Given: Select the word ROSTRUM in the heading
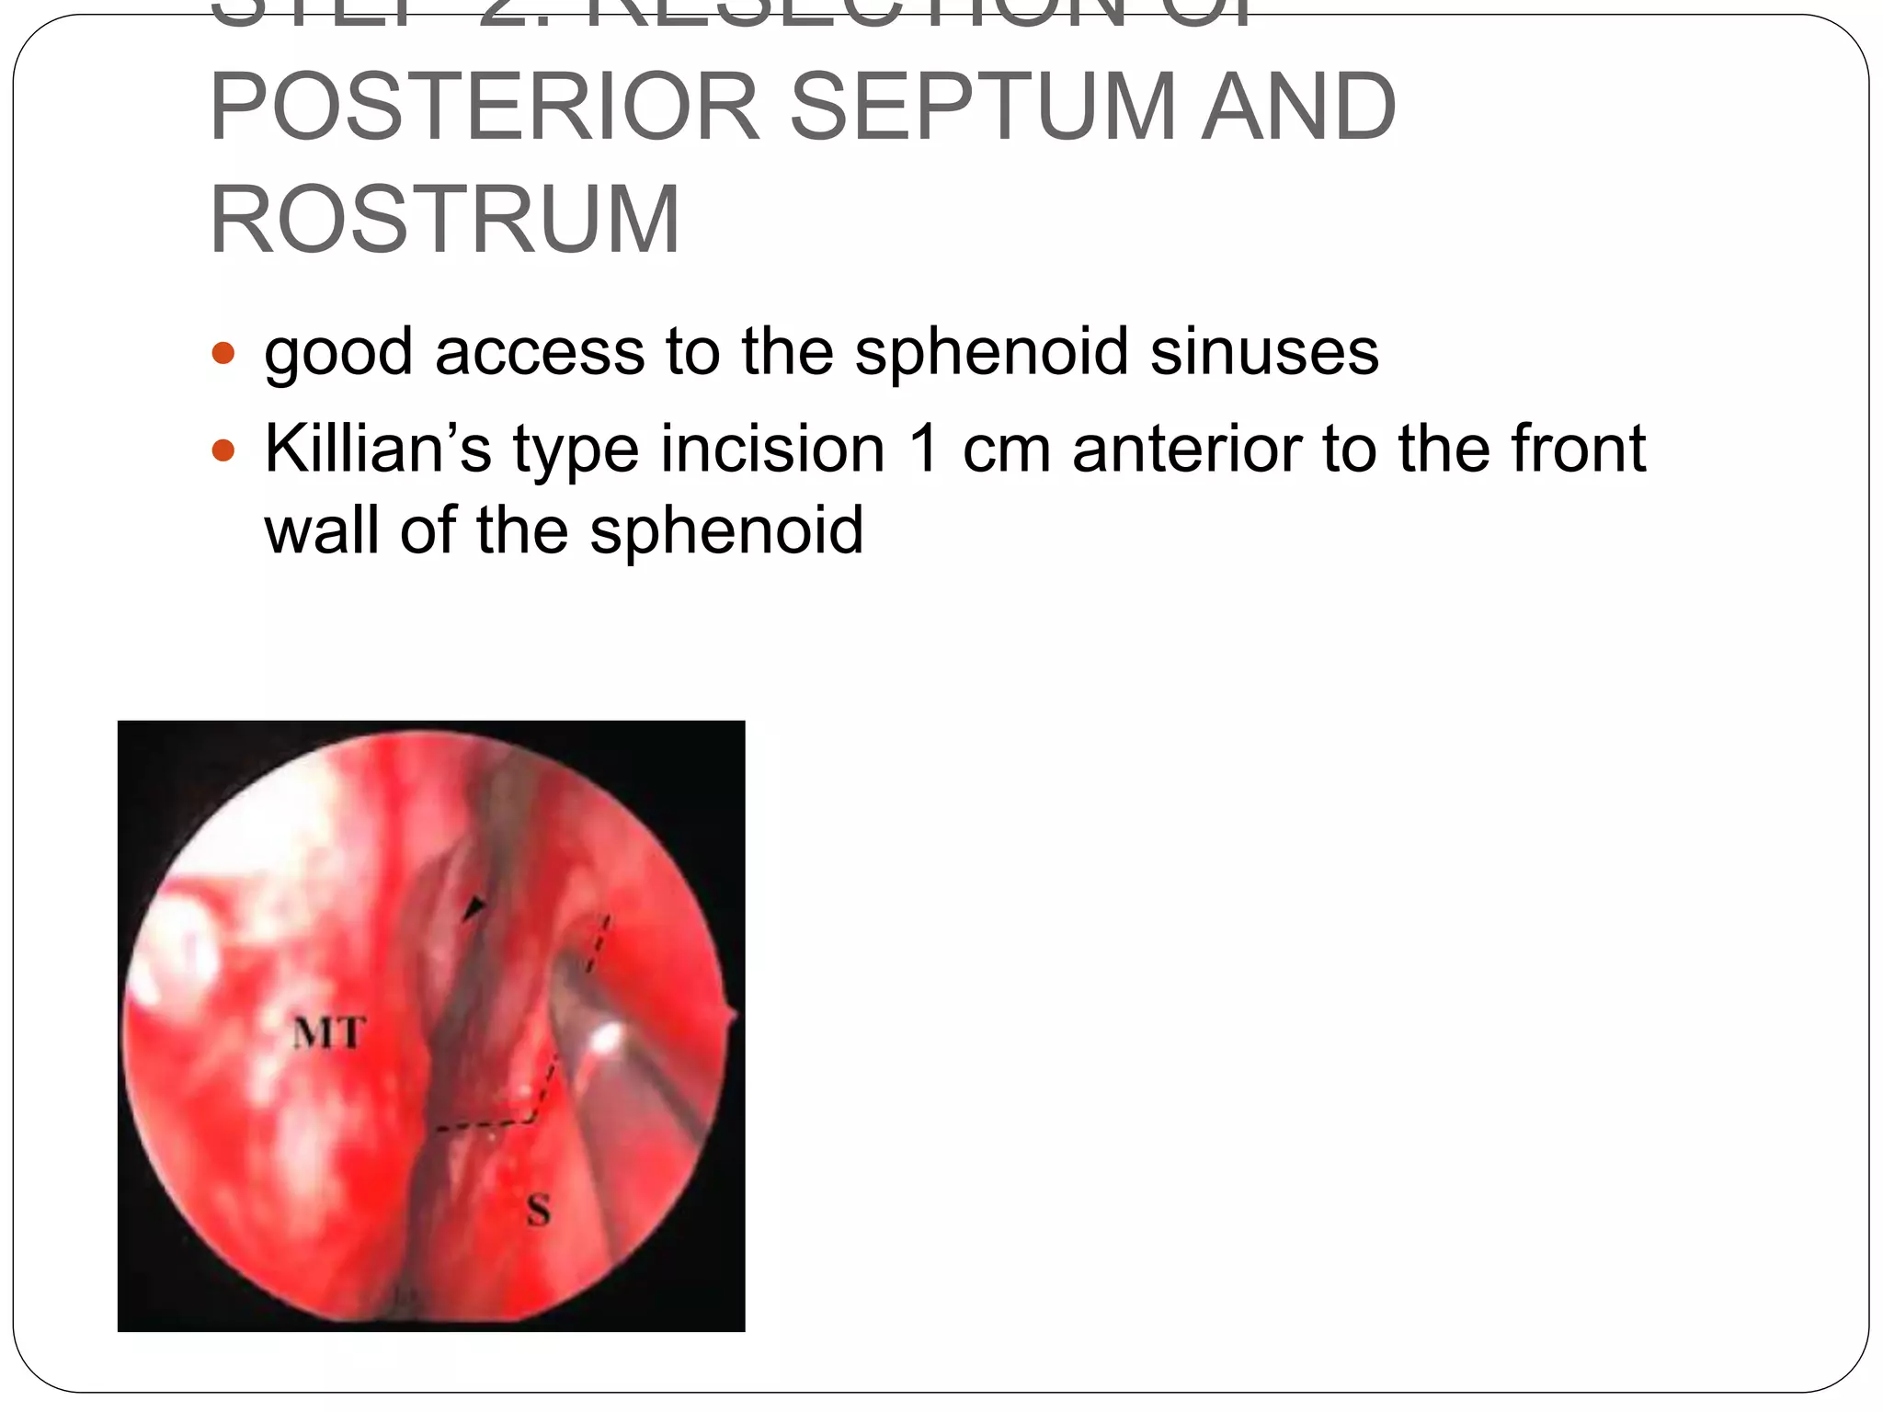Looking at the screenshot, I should pyautogui.click(x=445, y=221).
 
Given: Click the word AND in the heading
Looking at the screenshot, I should pyautogui.click(x=1299, y=108).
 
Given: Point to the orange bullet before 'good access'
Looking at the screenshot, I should pyautogui.click(x=223, y=353).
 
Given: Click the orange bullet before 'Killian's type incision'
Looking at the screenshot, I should pyautogui.click(x=223, y=450).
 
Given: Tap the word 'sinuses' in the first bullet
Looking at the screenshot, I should pyautogui.click(x=1264, y=351).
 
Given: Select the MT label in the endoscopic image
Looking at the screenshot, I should pyautogui.click(x=328, y=1034).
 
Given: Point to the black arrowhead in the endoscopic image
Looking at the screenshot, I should pyautogui.click(x=474, y=908).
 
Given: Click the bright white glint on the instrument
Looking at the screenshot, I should pyautogui.click(x=606, y=1039).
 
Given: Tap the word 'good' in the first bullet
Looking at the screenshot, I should pyautogui.click(x=338, y=353).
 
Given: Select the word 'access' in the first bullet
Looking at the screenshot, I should pyautogui.click(x=540, y=351).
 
